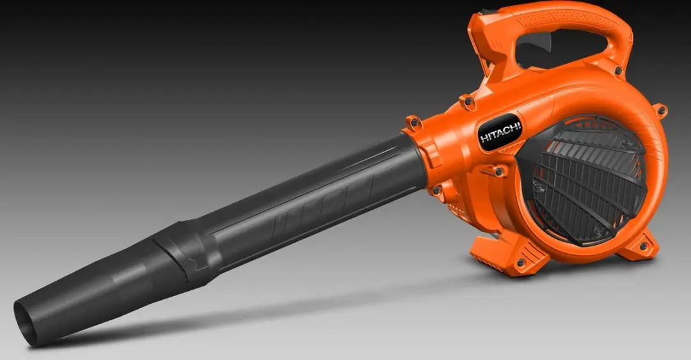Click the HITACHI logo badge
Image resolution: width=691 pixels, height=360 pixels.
[500, 132]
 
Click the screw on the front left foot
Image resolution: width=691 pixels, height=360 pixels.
[521, 263]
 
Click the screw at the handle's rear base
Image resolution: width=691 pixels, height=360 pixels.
[618, 70]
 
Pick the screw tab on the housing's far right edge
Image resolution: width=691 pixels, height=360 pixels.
[660, 110]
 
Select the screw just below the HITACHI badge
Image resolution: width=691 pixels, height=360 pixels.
[499, 171]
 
